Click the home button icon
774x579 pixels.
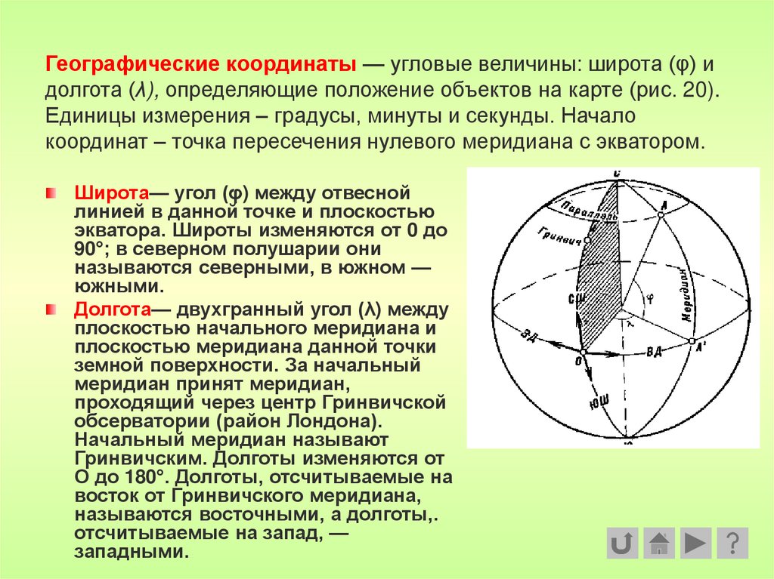coord(660,543)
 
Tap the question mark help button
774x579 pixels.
coord(732,543)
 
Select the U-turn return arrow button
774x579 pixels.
coord(623,543)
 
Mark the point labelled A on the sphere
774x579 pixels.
coord(661,215)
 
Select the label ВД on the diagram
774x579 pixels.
coord(654,351)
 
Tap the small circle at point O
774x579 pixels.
coord(583,352)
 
